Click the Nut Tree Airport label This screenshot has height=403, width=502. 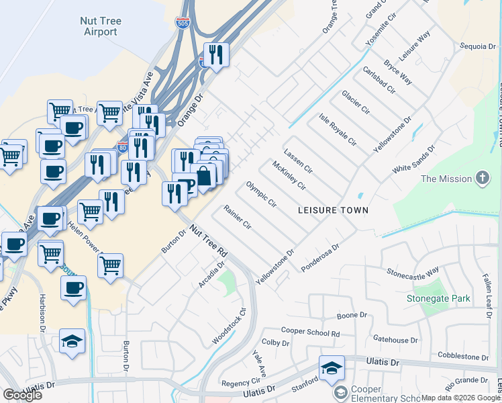point(101,26)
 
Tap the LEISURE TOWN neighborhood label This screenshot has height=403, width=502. point(334,210)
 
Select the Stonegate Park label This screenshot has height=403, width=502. point(438,298)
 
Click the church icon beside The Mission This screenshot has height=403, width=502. point(482,179)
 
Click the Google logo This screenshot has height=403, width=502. point(22,394)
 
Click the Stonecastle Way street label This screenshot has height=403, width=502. point(413,271)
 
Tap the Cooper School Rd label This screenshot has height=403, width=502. point(310,331)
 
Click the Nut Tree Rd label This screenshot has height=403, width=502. point(209,240)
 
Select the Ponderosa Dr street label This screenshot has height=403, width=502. point(321,255)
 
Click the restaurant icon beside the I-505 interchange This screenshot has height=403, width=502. point(216,55)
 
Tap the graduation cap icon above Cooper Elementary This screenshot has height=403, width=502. point(332,369)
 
